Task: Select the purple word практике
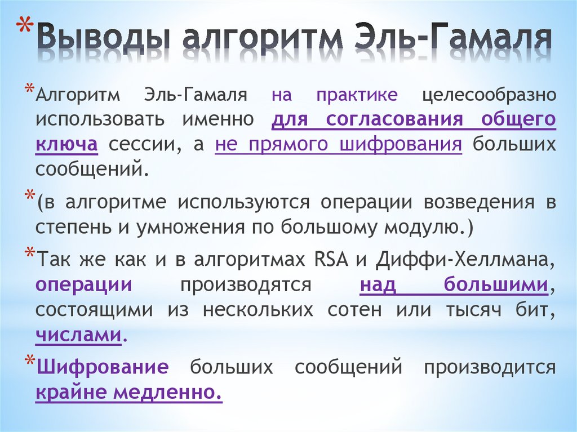click(x=357, y=94)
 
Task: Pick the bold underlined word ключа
click(x=67, y=144)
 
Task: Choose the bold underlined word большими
click(x=496, y=285)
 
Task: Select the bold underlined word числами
click(x=78, y=335)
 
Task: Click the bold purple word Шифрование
click(x=103, y=368)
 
